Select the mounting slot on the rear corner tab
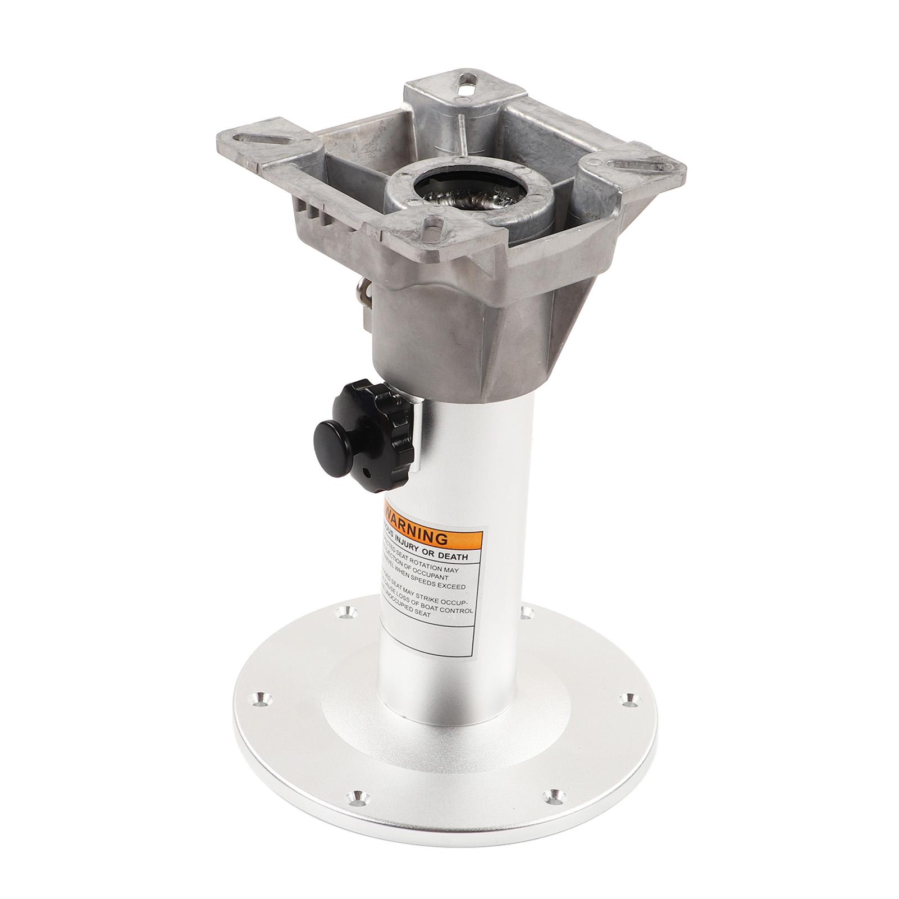click(x=466, y=89)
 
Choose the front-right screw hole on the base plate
click(x=554, y=778)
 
